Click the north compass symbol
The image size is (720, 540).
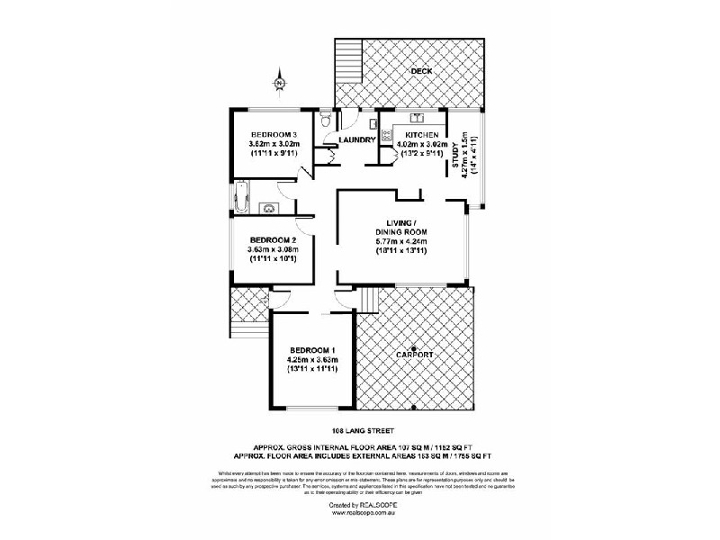tap(279, 83)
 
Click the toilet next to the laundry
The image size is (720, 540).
tap(326, 119)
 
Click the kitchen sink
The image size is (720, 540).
tap(418, 117)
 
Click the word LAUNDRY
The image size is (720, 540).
tap(357, 139)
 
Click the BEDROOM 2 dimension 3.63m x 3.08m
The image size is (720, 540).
tap(273, 249)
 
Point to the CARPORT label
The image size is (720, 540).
tap(415, 356)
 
